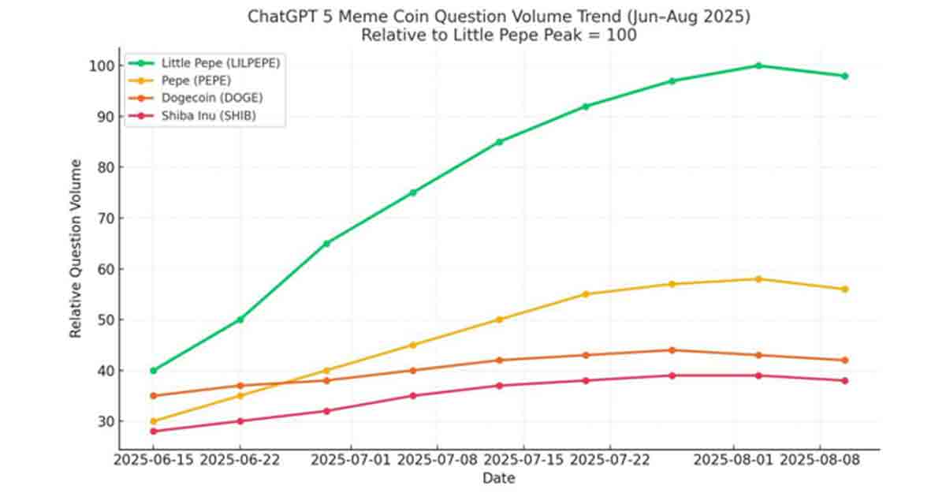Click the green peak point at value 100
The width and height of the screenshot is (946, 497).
pyautogui.click(x=758, y=65)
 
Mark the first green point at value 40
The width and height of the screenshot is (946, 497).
pyautogui.click(x=153, y=370)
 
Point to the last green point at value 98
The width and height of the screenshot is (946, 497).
pyautogui.click(x=844, y=76)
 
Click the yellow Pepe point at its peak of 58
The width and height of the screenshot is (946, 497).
pyautogui.click(x=758, y=278)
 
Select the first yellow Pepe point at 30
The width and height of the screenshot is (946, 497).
pyautogui.click(x=153, y=421)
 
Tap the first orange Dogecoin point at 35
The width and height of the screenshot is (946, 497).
pyautogui.click(x=153, y=396)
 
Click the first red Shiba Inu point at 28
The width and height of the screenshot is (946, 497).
pyautogui.click(x=153, y=432)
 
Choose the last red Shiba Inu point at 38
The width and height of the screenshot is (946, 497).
pyautogui.click(x=844, y=380)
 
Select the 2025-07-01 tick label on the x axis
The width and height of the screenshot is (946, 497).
pyautogui.click(x=352, y=459)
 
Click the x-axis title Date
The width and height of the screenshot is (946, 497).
pyautogui.click(x=498, y=478)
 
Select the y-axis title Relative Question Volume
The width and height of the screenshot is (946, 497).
pyautogui.click(x=76, y=248)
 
